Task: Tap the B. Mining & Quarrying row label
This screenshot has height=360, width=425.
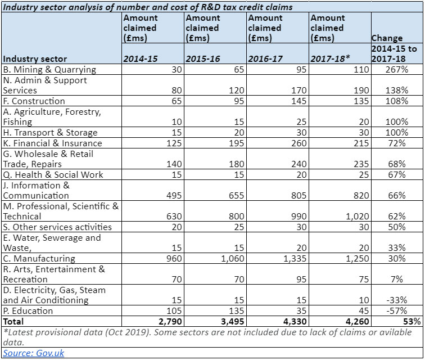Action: [49, 70]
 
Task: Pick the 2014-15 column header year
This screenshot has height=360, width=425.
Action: [141, 59]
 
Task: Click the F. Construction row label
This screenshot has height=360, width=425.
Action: [34, 101]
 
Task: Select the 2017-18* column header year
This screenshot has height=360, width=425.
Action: [330, 59]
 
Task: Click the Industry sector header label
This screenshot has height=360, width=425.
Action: [35, 59]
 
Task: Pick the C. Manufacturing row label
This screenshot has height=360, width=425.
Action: [39, 259]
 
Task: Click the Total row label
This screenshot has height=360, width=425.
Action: [14, 322]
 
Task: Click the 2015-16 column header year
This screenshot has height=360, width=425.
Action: [203, 59]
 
